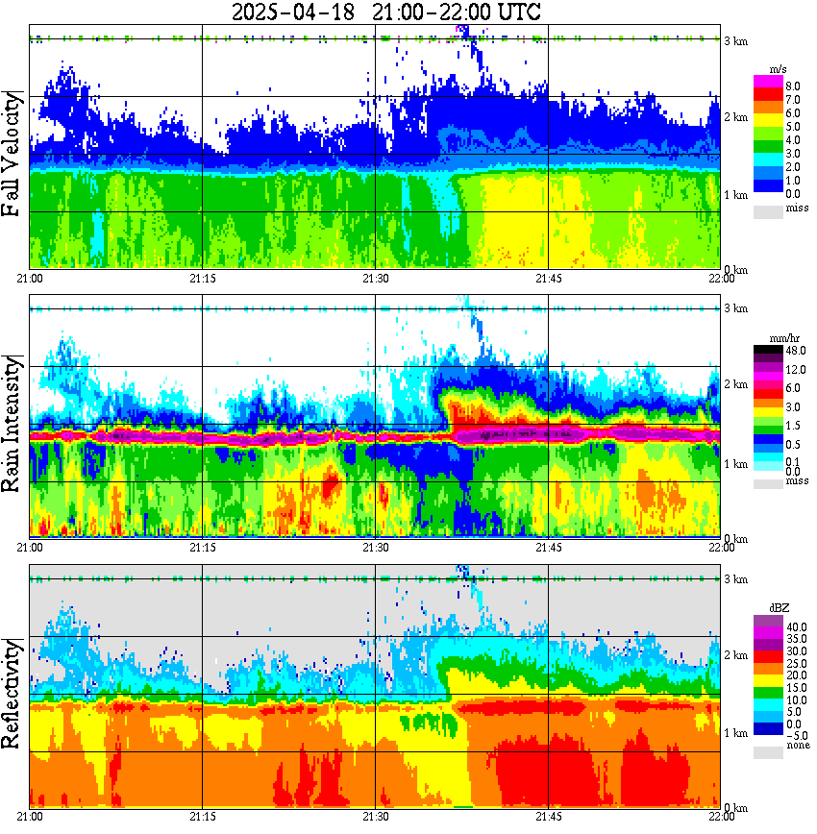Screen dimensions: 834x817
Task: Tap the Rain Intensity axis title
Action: [x=13, y=424]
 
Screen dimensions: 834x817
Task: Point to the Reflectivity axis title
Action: [x=13, y=695]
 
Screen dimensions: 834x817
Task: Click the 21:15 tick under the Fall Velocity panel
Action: [x=202, y=279]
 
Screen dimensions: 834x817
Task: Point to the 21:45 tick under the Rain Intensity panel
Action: [x=548, y=549]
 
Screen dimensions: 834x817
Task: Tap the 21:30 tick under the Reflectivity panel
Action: [x=376, y=817]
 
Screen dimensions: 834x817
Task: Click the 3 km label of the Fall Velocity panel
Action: [x=736, y=40]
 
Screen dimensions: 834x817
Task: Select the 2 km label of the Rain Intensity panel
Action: [x=736, y=384]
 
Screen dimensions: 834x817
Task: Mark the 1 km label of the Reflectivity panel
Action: [x=736, y=733]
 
